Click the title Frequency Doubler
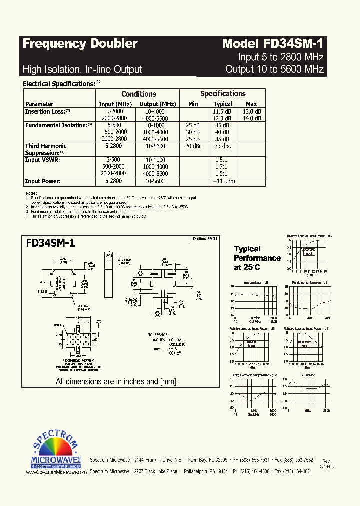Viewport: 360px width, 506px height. point(80,44)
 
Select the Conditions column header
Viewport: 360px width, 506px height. point(138,94)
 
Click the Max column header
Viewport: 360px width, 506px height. point(251,104)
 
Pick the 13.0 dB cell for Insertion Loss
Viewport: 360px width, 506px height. point(252,112)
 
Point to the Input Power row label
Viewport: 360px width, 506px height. point(43,181)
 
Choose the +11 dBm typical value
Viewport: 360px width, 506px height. point(223,181)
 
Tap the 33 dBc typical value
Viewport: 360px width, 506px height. point(222,146)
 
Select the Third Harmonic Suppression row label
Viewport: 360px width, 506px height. point(46,149)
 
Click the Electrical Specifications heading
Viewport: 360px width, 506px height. point(59,84)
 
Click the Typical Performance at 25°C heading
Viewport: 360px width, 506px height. point(257,258)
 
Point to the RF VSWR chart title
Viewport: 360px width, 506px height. point(308,375)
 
